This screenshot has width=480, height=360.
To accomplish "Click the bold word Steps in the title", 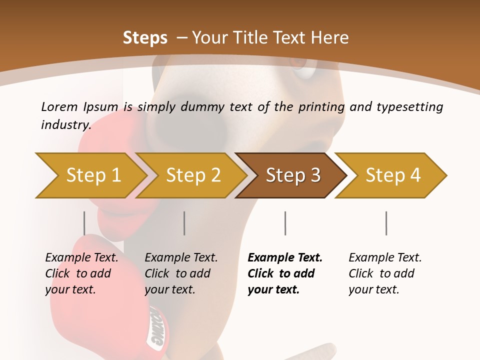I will point(145,38).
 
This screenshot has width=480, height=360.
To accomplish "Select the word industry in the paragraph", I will point(65,125).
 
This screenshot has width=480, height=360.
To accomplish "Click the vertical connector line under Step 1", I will point(84,223).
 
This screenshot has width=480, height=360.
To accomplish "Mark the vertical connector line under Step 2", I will point(184,223).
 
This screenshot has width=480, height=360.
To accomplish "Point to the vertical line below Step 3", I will point(285,223).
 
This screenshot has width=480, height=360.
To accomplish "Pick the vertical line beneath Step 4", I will point(386,223).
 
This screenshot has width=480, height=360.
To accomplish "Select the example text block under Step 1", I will point(81,273).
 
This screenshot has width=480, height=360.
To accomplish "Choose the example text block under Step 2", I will point(181,273).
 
